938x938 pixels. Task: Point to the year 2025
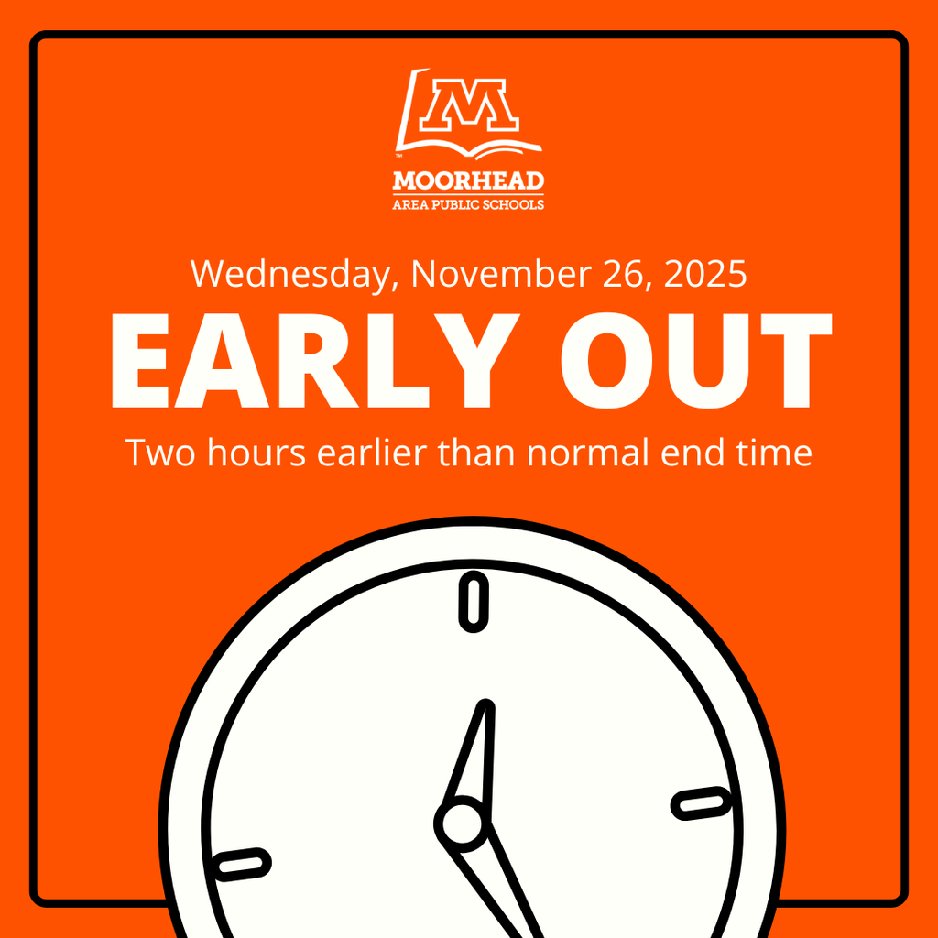[x=706, y=274]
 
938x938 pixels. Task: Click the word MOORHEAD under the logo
[x=468, y=180]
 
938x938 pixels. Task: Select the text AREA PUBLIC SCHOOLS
[x=468, y=203]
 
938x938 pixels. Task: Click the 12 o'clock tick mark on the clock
[x=473, y=602]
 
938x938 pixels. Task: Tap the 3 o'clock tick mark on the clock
[x=703, y=803]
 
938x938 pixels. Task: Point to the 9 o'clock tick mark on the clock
[x=242, y=863]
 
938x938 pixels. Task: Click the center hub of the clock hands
[x=461, y=822]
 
